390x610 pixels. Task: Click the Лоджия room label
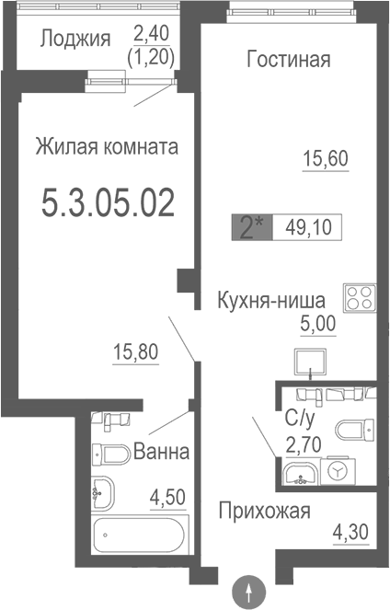[75, 39]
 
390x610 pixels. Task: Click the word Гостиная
[289, 60]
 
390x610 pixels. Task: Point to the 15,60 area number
[326, 158]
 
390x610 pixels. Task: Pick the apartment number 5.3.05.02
[109, 203]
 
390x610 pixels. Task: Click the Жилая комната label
[107, 146]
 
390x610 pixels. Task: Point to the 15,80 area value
[135, 352]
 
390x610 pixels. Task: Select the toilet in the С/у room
[355, 430]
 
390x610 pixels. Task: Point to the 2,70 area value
[303, 446]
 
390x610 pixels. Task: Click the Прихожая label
[264, 511]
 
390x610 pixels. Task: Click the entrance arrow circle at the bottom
[251, 590]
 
